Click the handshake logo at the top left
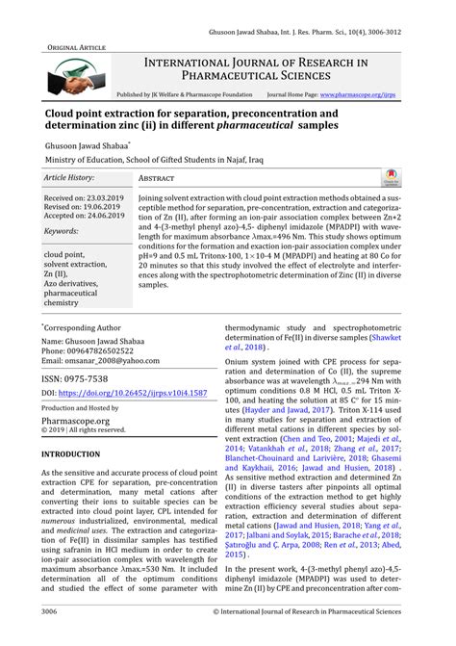click(69, 78)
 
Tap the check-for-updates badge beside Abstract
click(418, 179)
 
